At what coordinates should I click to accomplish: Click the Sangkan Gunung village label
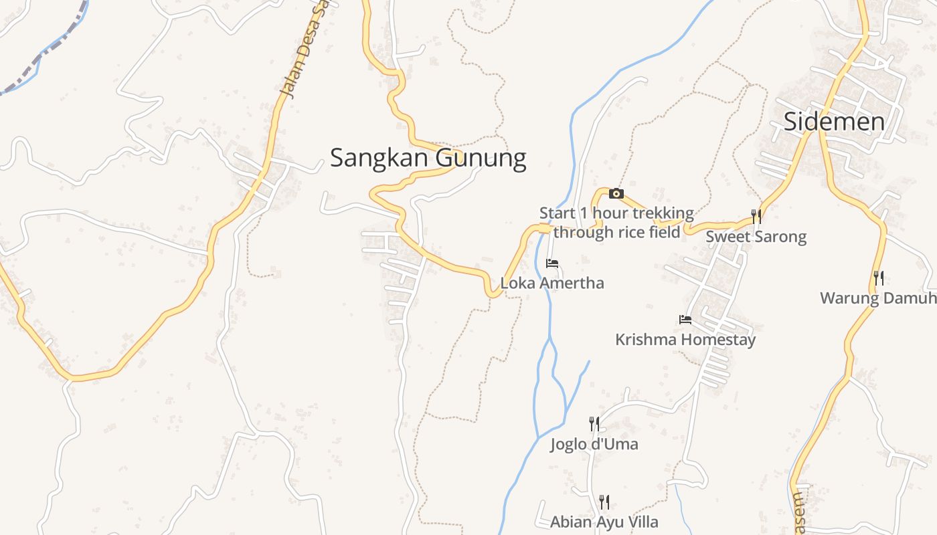tap(428, 158)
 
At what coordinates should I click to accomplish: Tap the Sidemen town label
tap(834, 122)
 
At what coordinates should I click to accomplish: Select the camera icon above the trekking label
tap(616, 194)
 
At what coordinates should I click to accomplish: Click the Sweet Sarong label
tap(756, 236)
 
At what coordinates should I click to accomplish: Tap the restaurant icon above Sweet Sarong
tap(756, 216)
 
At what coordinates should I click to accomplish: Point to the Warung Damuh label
tap(877, 298)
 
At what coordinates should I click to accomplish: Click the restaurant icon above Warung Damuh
tap(879, 278)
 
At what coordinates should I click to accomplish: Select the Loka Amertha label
tap(552, 283)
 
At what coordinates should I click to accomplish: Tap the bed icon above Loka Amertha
tap(552, 263)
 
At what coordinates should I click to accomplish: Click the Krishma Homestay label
tap(685, 339)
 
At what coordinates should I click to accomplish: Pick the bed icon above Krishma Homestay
tap(685, 320)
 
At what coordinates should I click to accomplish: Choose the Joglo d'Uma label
tap(594, 444)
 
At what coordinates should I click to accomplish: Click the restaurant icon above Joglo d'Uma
tap(594, 423)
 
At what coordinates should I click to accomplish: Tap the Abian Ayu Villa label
tap(604, 522)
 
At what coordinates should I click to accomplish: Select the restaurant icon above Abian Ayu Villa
tap(604, 502)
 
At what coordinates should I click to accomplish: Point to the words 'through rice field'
tap(616, 232)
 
